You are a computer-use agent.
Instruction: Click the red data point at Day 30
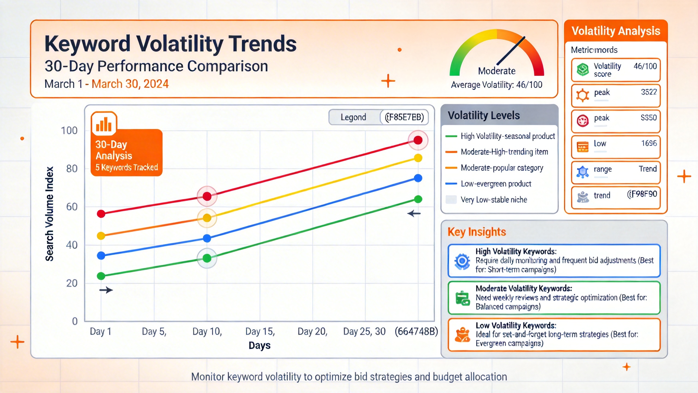(418, 140)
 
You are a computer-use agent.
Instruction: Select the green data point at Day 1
(101, 276)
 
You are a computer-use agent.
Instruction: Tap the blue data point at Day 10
(207, 238)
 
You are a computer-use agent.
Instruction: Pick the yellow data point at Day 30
(418, 158)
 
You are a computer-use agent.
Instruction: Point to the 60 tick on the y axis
(72, 207)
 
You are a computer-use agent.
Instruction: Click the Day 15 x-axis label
(260, 331)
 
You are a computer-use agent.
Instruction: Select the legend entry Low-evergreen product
(496, 184)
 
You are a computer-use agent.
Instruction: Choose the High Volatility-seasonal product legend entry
(507, 136)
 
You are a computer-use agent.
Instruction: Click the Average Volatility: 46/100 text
(497, 85)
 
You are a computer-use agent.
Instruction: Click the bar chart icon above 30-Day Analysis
(104, 124)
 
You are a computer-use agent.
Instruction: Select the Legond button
(353, 117)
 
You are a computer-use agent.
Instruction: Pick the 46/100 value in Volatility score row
(645, 66)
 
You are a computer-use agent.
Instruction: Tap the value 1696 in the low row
(649, 143)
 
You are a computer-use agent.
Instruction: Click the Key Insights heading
(477, 232)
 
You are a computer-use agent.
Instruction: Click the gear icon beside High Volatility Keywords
(462, 261)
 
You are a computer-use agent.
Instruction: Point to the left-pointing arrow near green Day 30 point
(414, 214)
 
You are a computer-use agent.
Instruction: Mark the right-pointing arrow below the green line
(106, 290)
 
